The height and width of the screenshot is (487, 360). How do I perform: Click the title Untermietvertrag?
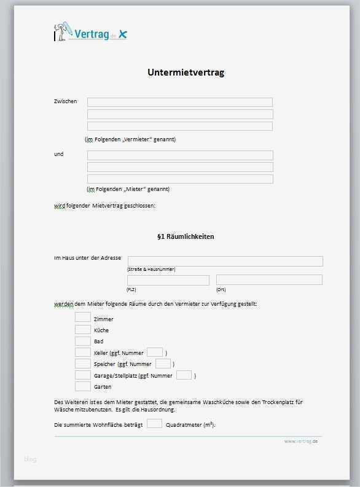tap(186, 72)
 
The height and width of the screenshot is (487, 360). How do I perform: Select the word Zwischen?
tap(66, 101)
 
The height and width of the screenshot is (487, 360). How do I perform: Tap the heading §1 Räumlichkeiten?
tap(186, 236)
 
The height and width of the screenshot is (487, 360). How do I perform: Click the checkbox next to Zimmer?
tap(83, 318)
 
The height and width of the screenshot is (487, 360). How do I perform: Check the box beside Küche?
tap(83, 329)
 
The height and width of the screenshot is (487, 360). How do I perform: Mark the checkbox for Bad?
tap(83, 341)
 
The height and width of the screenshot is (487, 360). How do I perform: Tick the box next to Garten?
tap(83, 386)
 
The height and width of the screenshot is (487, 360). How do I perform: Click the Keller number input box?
tap(155, 352)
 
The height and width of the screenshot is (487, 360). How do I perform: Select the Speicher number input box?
tap(163, 364)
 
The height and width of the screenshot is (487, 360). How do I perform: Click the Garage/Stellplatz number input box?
tap(184, 375)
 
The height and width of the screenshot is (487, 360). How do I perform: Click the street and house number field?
tap(225, 261)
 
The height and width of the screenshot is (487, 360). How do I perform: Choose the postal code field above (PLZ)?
tap(168, 280)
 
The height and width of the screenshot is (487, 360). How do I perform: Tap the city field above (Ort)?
tap(269, 280)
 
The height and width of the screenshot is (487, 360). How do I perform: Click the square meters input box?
tap(155, 424)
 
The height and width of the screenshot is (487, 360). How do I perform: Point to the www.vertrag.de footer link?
tap(300, 442)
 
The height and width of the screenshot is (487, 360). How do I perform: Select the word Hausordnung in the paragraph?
tap(158, 410)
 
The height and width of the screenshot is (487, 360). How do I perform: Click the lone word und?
tap(59, 154)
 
